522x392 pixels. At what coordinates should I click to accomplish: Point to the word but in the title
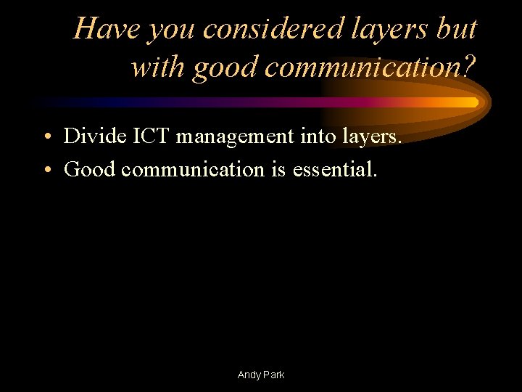460,29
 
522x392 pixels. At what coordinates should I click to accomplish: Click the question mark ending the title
470,67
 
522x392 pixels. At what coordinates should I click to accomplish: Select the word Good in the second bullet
90,170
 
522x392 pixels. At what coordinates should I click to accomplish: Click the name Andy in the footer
249,375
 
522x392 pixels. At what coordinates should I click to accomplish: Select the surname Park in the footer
274,375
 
